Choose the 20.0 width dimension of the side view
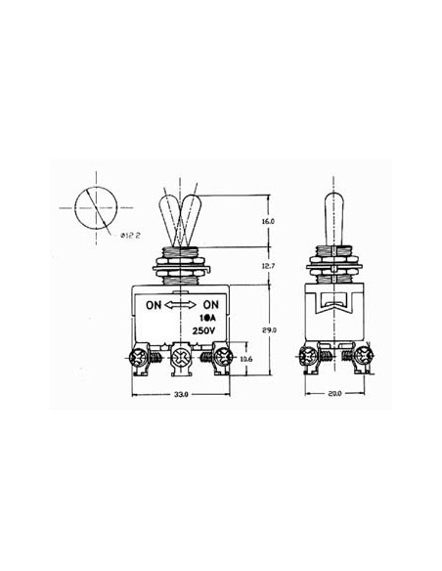[x=334, y=397]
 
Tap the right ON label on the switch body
[x=208, y=304]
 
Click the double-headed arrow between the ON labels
[x=181, y=304]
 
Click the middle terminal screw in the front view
[x=180, y=360]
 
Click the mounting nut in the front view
[x=180, y=263]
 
